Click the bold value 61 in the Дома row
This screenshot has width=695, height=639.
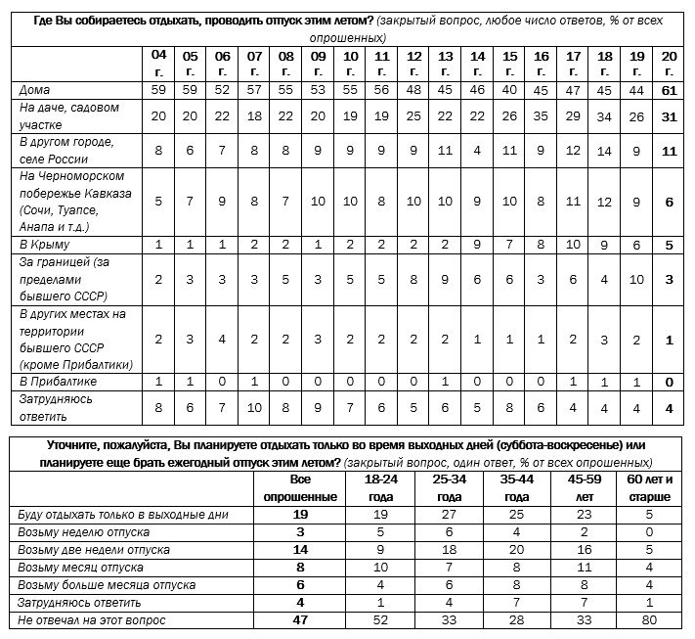click(x=669, y=90)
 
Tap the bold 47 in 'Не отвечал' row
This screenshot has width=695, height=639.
click(x=301, y=620)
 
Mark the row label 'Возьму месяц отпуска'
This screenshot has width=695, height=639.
click(x=81, y=568)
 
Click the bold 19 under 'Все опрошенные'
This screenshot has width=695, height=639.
click(x=301, y=514)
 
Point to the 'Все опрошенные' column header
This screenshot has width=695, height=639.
click(x=301, y=488)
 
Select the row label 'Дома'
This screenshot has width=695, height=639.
click(x=35, y=90)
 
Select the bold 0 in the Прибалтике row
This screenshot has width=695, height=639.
click(x=669, y=380)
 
